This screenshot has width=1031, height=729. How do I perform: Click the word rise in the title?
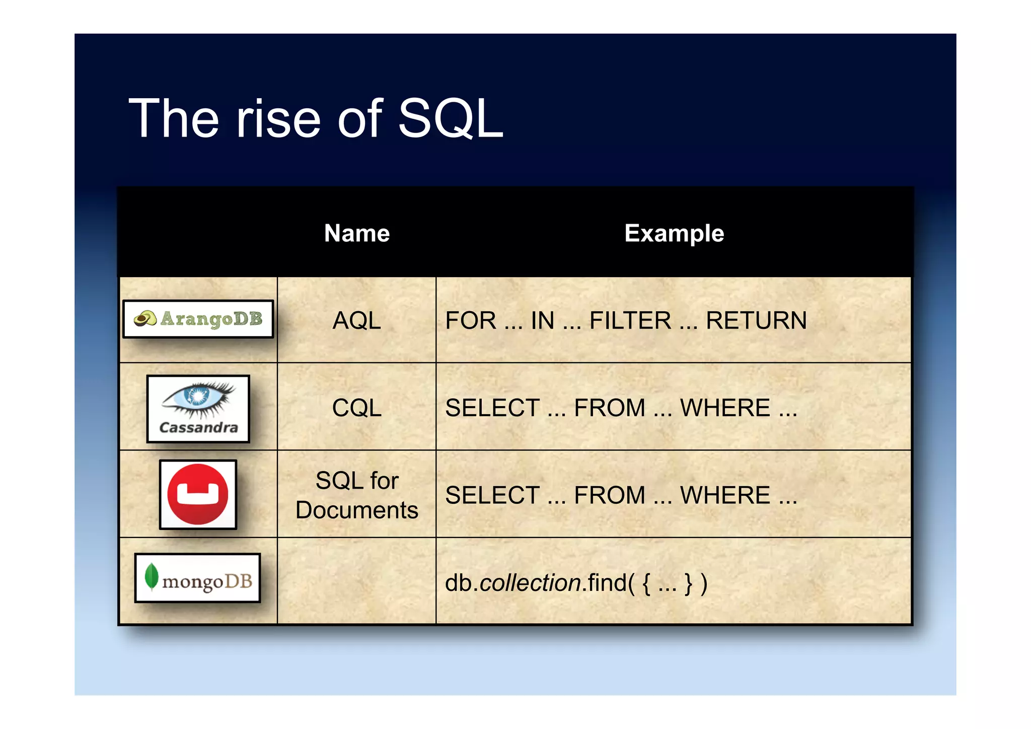coord(278,119)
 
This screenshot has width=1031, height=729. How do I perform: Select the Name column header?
coord(357,233)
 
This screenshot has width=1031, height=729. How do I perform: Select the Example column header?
coord(674,233)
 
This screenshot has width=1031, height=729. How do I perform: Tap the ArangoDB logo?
coord(198,319)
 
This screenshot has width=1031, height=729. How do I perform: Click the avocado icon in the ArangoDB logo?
coord(145,318)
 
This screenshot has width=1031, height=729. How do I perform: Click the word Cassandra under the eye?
coord(198,428)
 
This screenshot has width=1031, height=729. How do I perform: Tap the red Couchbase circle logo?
coord(198,494)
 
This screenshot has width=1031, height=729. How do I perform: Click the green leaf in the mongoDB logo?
coord(151,576)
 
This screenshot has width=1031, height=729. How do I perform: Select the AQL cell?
coord(357,320)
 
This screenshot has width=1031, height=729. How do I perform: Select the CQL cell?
coord(357,408)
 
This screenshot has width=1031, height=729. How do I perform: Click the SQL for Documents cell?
coord(357,495)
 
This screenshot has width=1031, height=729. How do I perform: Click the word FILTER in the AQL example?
coord(630,321)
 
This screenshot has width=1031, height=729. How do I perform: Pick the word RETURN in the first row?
coord(756,321)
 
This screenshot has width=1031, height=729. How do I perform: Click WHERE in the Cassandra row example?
coord(725,408)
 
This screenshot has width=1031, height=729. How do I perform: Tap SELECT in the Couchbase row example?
coord(492,495)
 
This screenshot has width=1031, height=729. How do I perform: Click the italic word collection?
coord(531,583)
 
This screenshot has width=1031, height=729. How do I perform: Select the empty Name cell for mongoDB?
coord(357,581)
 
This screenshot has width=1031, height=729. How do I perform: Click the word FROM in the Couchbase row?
coord(609,495)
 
